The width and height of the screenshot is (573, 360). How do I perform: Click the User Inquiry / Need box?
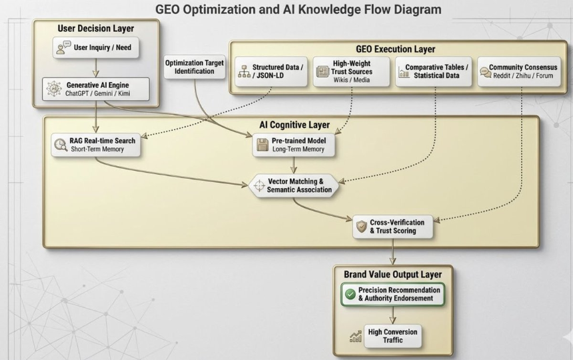(x=96, y=47)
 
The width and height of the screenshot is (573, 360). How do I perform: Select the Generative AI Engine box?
(x=96, y=89)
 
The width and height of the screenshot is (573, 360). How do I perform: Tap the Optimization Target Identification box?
(x=195, y=67)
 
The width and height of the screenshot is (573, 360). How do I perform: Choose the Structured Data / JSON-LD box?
(x=271, y=71)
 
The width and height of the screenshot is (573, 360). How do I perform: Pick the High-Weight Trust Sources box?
(x=351, y=71)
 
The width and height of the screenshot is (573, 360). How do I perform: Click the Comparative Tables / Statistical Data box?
(x=434, y=71)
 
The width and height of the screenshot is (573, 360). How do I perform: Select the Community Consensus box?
(x=519, y=71)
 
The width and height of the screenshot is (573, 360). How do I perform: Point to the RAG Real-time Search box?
(x=96, y=145)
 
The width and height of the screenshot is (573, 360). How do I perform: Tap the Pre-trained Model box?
(x=293, y=145)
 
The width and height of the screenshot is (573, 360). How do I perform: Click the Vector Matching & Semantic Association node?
(x=294, y=185)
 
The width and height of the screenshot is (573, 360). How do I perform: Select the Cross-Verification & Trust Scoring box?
(x=393, y=227)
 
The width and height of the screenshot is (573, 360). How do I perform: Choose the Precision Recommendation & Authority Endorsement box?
(x=393, y=294)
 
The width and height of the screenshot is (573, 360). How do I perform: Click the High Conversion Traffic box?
(x=393, y=336)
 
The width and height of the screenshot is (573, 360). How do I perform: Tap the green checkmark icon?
(x=350, y=294)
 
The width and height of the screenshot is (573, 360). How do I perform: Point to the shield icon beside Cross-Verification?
(x=361, y=227)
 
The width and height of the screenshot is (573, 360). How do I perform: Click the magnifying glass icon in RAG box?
(x=60, y=145)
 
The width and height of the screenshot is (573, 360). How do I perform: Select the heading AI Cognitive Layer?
(x=294, y=125)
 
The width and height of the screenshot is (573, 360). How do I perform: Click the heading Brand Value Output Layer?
(x=393, y=275)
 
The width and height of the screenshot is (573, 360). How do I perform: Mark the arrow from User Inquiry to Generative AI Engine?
(x=96, y=67)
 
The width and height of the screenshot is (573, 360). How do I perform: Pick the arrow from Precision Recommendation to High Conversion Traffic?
(x=393, y=315)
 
